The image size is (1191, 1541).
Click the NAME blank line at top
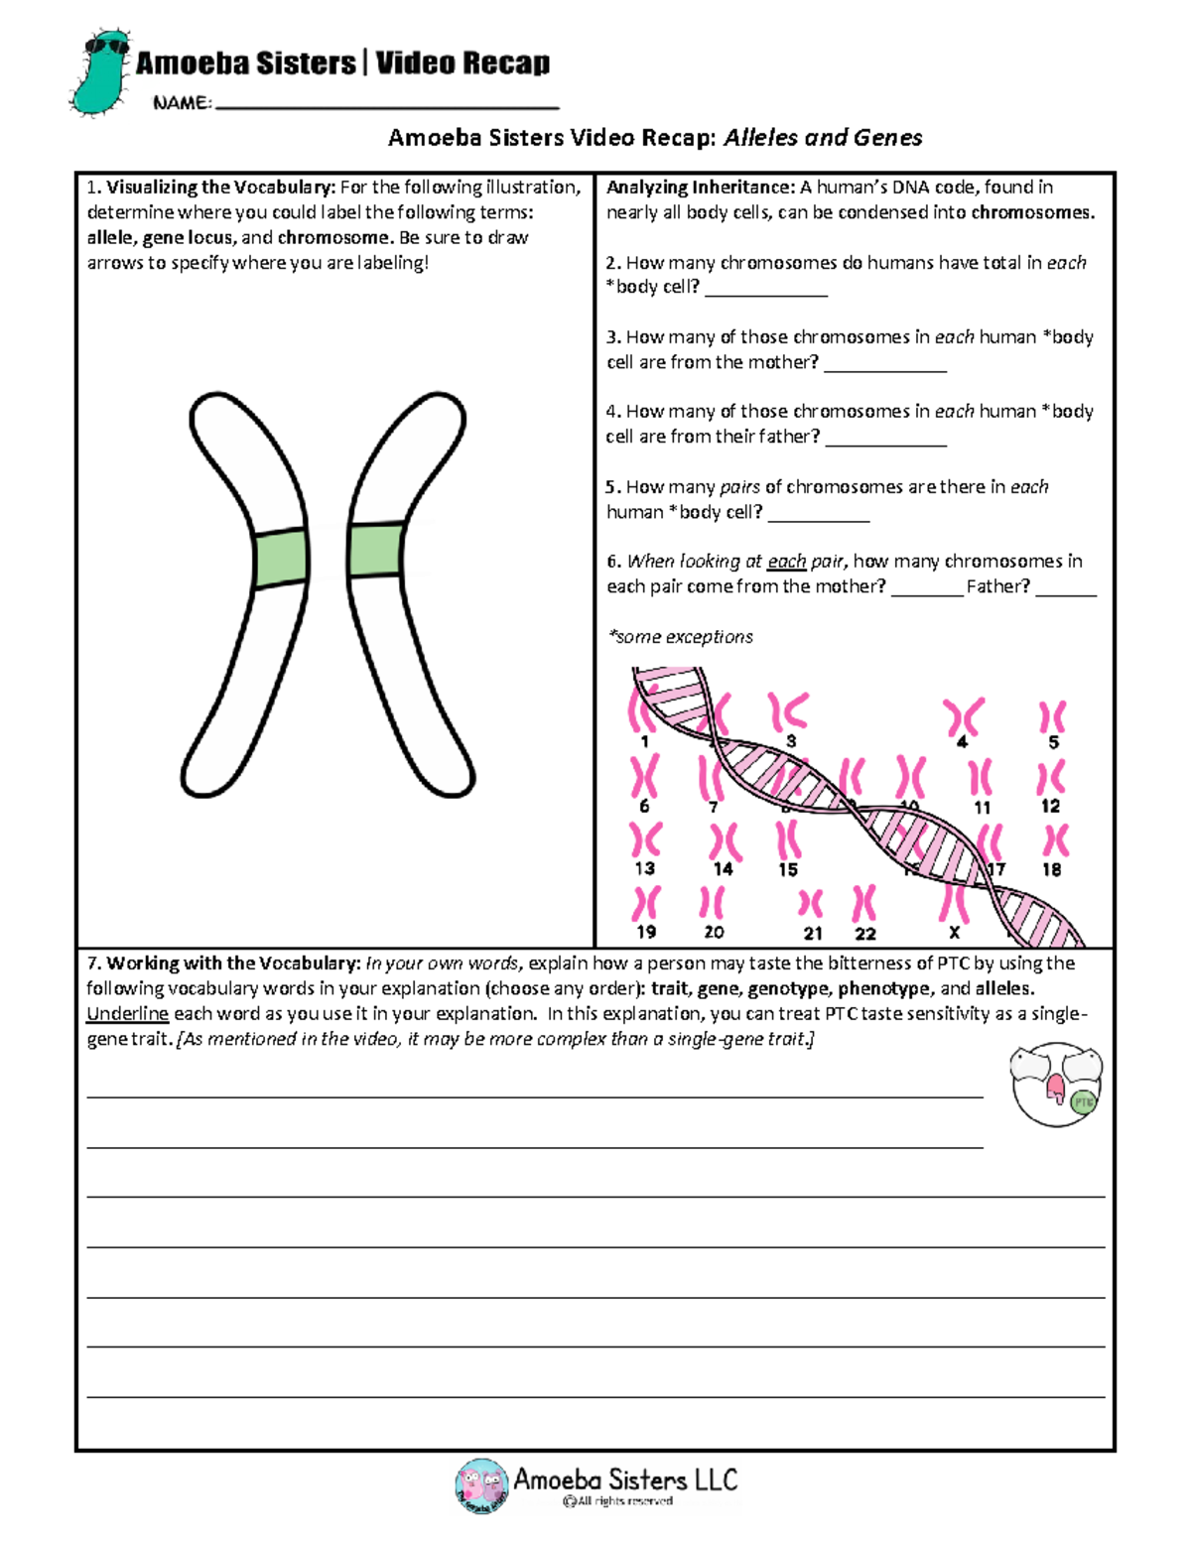(387, 105)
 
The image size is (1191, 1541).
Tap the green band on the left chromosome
(280, 560)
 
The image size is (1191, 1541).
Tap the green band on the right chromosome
(376, 549)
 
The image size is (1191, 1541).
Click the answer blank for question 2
(765, 293)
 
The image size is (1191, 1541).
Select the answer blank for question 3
(884, 368)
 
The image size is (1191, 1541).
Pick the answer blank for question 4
(885, 443)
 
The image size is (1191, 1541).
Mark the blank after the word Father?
(1065, 591)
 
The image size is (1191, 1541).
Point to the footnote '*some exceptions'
(680, 637)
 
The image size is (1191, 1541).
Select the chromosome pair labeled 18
(1054, 841)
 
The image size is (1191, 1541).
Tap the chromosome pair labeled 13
(645, 840)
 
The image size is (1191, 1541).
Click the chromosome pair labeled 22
(864, 904)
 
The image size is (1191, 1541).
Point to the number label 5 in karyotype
(1054, 742)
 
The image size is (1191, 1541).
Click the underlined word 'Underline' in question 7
(127, 1014)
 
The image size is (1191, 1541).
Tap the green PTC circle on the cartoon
(1083, 1102)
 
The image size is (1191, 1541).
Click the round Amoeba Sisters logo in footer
(481, 1485)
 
